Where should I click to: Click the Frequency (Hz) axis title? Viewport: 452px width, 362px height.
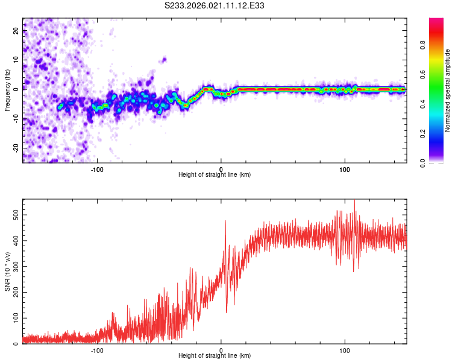(x=7, y=90)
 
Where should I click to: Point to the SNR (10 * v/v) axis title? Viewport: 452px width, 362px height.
(x=7, y=271)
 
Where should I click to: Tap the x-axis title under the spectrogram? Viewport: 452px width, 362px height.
(x=215, y=175)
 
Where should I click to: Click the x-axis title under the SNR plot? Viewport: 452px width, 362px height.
(x=215, y=356)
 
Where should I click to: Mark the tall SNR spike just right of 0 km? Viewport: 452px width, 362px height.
(x=225, y=221)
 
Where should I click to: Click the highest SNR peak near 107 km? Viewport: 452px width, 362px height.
(x=354, y=201)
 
